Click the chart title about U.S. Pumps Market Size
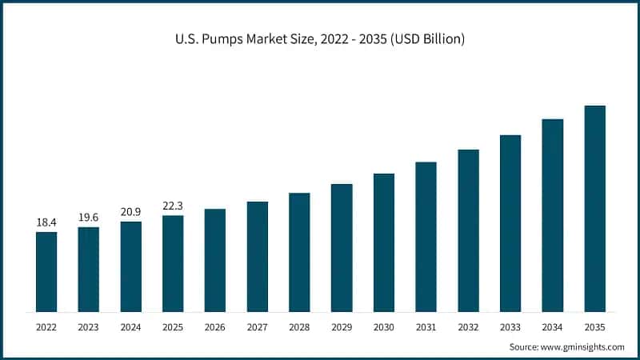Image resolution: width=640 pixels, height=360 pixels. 319,38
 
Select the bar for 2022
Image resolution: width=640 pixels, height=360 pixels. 46,271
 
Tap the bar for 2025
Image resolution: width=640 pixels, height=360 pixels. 173,263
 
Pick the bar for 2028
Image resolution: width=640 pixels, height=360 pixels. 299,252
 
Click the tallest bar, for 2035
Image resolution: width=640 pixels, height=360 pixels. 594,208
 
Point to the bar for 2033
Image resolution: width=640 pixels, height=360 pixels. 510,223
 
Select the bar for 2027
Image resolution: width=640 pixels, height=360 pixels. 257,256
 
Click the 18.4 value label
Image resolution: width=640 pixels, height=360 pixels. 46,222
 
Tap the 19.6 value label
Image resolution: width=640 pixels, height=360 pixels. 89,217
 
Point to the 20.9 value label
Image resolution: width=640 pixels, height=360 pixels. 130,211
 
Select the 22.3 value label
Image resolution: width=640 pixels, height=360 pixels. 173,206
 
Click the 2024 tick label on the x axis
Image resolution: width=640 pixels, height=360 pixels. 130,326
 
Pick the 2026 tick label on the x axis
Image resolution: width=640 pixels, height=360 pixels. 214,326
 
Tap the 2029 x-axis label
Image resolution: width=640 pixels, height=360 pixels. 342,326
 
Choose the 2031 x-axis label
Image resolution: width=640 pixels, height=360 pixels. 426,326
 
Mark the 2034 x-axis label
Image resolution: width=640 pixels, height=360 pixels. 552,326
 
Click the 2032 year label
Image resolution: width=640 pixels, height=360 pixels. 468,326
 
